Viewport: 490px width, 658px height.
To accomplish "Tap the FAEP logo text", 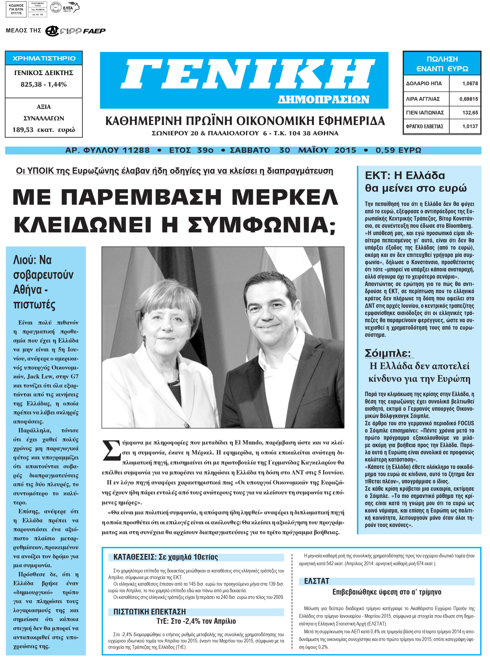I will pyautogui.click(x=94, y=31).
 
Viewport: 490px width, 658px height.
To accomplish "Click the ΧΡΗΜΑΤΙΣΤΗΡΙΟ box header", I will pyautogui.click(x=44, y=58).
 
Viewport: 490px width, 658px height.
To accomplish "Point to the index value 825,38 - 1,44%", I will pyautogui.click(x=44, y=85).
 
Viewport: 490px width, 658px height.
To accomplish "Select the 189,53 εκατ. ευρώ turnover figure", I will pyautogui.click(x=44, y=130).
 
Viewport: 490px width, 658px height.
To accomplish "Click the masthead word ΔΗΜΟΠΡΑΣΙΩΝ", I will pyautogui.click(x=323, y=99).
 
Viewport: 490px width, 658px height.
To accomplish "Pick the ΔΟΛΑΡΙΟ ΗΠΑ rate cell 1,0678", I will pyautogui.click(x=470, y=84).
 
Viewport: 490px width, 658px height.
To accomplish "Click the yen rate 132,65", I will pyautogui.click(x=470, y=113).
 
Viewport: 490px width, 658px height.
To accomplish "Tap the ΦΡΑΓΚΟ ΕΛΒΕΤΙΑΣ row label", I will pyautogui.click(x=424, y=126).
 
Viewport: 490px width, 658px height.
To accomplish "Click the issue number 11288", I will pyautogui.click(x=136, y=150).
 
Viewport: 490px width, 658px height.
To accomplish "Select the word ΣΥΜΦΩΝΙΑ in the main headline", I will pyautogui.click(x=261, y=225).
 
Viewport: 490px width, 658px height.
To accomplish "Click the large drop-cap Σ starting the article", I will pyautogui.click(x=111, y=450).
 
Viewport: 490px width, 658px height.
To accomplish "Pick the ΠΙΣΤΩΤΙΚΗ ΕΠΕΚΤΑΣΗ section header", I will pyautogui.click(x=149, y=612).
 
